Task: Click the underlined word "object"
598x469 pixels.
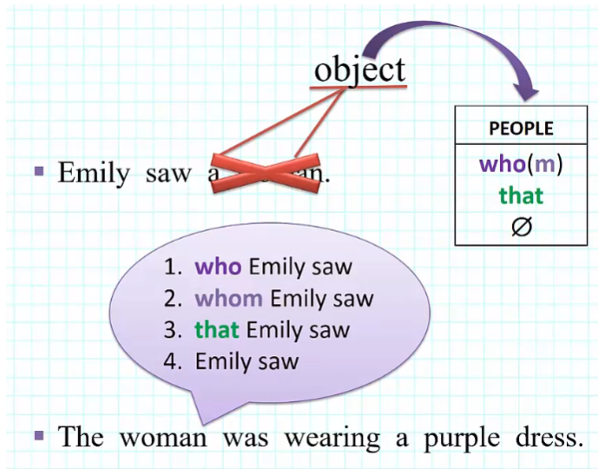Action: click(359, 69)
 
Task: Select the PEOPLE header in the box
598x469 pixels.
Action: click(521, 129)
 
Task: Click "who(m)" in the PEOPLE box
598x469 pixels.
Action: click(521, 164)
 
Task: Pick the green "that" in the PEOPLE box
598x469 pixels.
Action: click(521, 195)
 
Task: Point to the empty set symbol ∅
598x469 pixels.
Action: click(522, 227)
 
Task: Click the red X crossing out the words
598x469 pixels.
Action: click(266, 168)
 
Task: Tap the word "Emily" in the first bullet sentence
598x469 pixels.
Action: click(91, 173)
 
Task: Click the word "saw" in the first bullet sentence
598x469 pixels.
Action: click(168, 173)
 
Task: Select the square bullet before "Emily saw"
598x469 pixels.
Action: click(38, 171)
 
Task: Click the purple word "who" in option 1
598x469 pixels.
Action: click(219, 268)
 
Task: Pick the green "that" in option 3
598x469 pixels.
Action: click(218, 330)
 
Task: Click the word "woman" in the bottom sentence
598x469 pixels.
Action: click(163, 437)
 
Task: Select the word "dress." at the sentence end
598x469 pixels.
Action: click(545, 437)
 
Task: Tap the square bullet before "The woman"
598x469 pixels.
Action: click(38, 434)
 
